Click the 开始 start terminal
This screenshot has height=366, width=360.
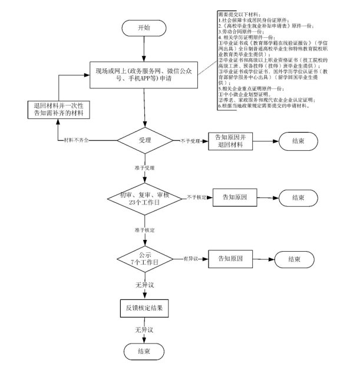coord(144,28)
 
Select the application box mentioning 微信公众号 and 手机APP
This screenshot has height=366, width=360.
coord(144,74)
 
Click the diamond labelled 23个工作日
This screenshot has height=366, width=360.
coord(144,197)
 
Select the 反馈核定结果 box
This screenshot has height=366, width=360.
coord(144,307)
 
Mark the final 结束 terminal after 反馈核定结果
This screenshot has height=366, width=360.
coord(144,351)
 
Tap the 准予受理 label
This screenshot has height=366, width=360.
coord(144,167)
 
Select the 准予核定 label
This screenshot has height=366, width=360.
coord(144,228)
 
